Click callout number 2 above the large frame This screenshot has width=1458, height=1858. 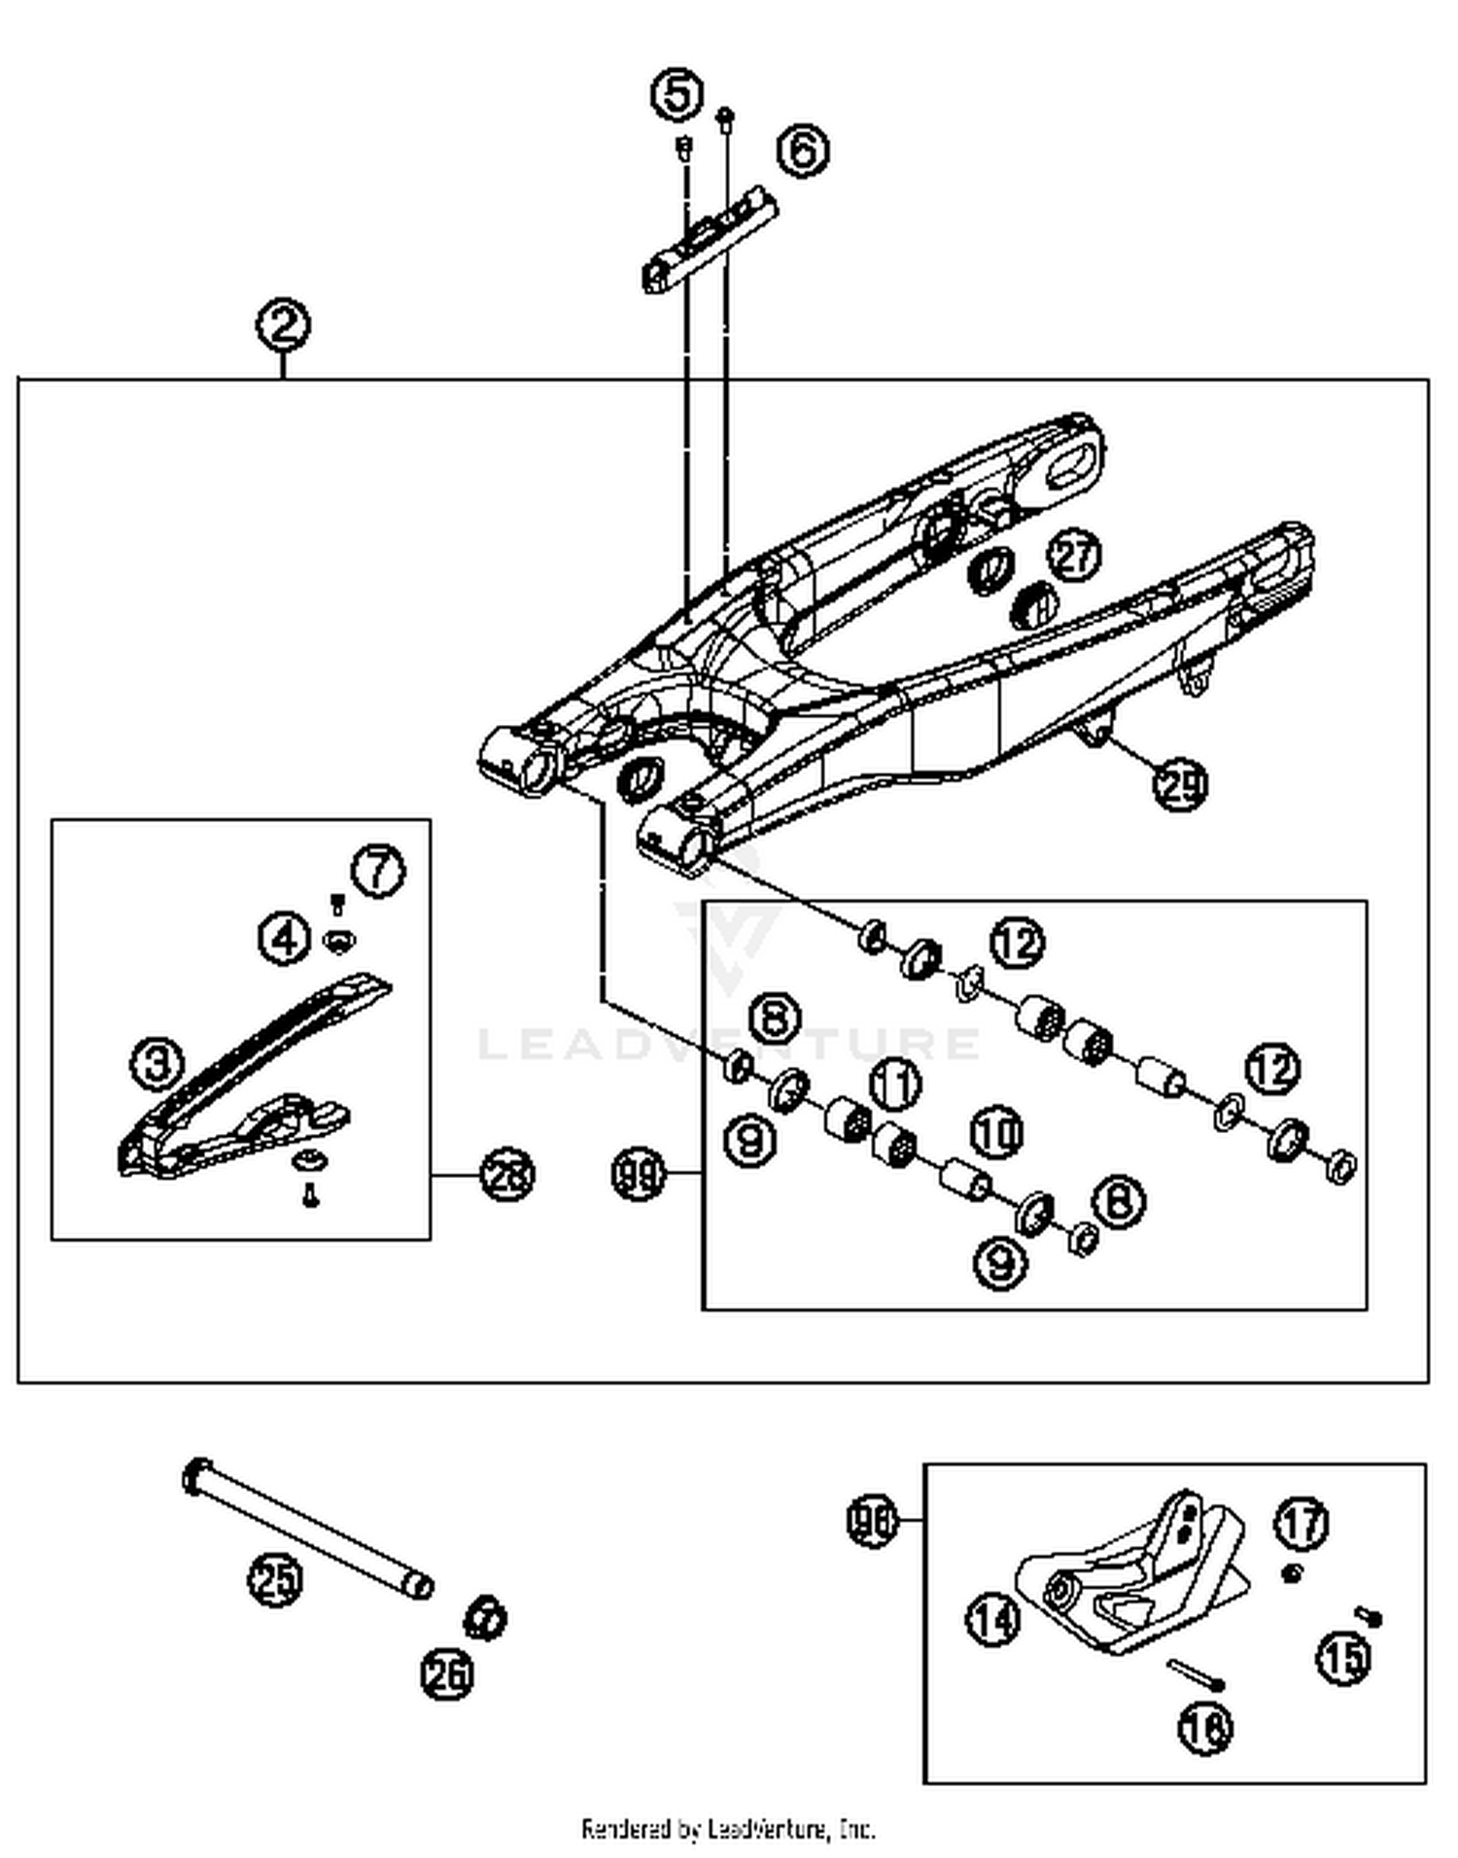[x=283, y=326]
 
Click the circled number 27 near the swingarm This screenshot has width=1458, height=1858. [x=1074, y=556]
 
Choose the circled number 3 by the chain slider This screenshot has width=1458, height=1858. [x=157, y=1063]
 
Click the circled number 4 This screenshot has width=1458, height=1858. [x=285, y=939]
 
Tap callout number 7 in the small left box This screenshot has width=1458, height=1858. [x=377, y=871]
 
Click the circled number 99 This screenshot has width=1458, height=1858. [x=639, y=1175]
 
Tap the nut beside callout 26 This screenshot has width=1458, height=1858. [x=484, y=1618]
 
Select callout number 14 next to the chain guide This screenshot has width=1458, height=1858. [x=993, y=1620]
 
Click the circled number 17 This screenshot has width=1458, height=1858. [x=1302, y=1523]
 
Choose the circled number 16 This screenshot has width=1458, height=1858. [x=1205, y=1727]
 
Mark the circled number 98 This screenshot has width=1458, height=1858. [x=872, y=1521]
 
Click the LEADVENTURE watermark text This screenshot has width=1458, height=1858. [x=729, y=1045]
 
